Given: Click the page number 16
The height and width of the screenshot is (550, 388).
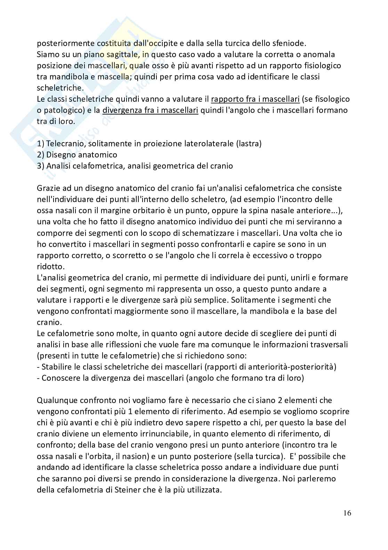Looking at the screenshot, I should coord(347,513).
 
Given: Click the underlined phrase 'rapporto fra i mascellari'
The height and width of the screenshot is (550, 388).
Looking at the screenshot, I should coord(255,99).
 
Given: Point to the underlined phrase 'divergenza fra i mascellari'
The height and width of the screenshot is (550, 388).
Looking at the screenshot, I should coord(151,110).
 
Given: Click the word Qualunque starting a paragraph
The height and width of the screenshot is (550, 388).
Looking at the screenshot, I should coord(57,401).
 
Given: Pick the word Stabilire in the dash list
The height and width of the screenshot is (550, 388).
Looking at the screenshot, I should coord(58,367).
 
